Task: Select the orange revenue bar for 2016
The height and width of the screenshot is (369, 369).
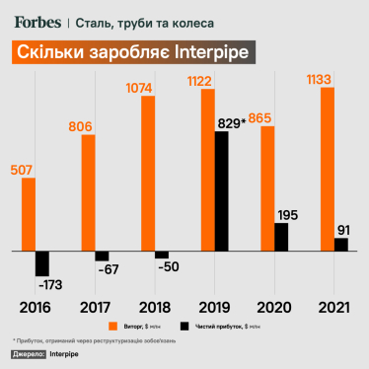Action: (x=29, y=214)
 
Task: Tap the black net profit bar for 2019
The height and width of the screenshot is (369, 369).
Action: (x=221, y=191)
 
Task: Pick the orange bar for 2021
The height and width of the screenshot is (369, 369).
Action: (x=328, y=170)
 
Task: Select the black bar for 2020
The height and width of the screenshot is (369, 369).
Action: (x=280, y=237)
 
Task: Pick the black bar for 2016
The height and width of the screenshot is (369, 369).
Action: (x=42, y=263)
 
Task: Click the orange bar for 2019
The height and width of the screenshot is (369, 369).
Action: (x=207, y=170)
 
